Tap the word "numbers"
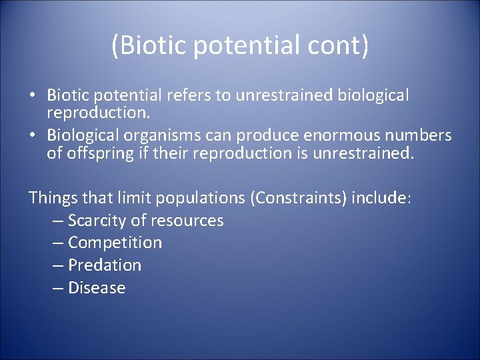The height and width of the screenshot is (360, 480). [x=421, y=135]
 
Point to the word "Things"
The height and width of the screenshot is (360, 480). [x=53, y=197]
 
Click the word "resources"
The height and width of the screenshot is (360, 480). [x=187, y=220]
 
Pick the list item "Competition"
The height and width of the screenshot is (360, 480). [x=115, y=243]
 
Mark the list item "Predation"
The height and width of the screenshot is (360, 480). [x=105, y=265]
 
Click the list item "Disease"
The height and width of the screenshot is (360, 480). [x=97, y=288]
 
